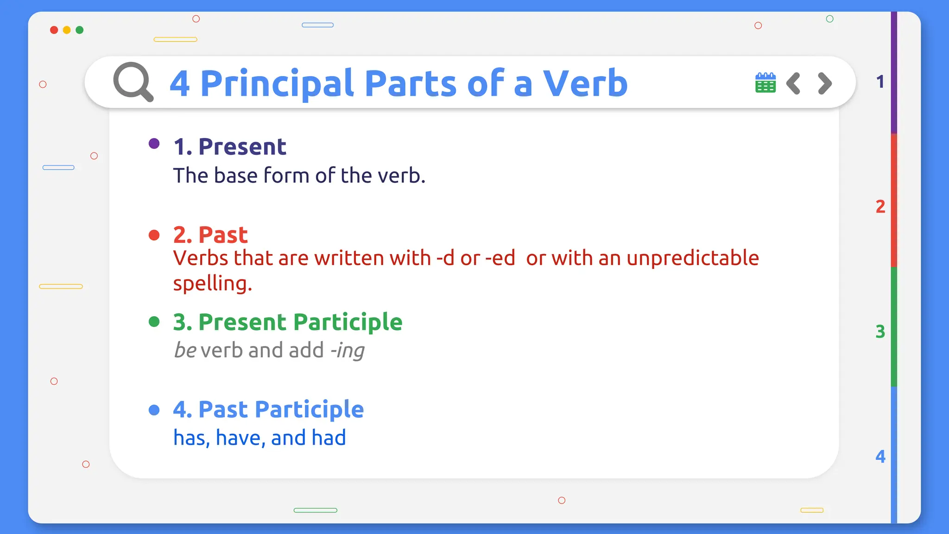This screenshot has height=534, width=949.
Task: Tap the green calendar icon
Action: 765,83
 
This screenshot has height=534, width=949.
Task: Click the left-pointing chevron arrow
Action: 793,83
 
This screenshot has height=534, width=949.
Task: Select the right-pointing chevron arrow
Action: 825,83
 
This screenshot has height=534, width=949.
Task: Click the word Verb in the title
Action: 585,83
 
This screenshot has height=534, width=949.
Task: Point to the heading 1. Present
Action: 230,147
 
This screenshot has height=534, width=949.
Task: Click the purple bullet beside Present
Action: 154,144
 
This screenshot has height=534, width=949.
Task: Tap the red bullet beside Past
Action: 154,235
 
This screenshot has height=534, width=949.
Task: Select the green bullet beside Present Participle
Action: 154,322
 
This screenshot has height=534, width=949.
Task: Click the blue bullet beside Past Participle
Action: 154,410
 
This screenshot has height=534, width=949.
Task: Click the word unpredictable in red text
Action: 692,258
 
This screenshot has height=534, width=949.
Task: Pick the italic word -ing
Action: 347,350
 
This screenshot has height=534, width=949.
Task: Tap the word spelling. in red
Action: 212,284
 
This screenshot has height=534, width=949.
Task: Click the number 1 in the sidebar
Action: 880,82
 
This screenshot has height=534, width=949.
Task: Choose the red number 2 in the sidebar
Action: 880,207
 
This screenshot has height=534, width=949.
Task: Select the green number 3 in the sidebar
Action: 880,332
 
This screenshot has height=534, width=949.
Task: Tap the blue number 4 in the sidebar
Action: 880,457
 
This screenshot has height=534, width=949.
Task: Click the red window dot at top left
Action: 54,30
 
